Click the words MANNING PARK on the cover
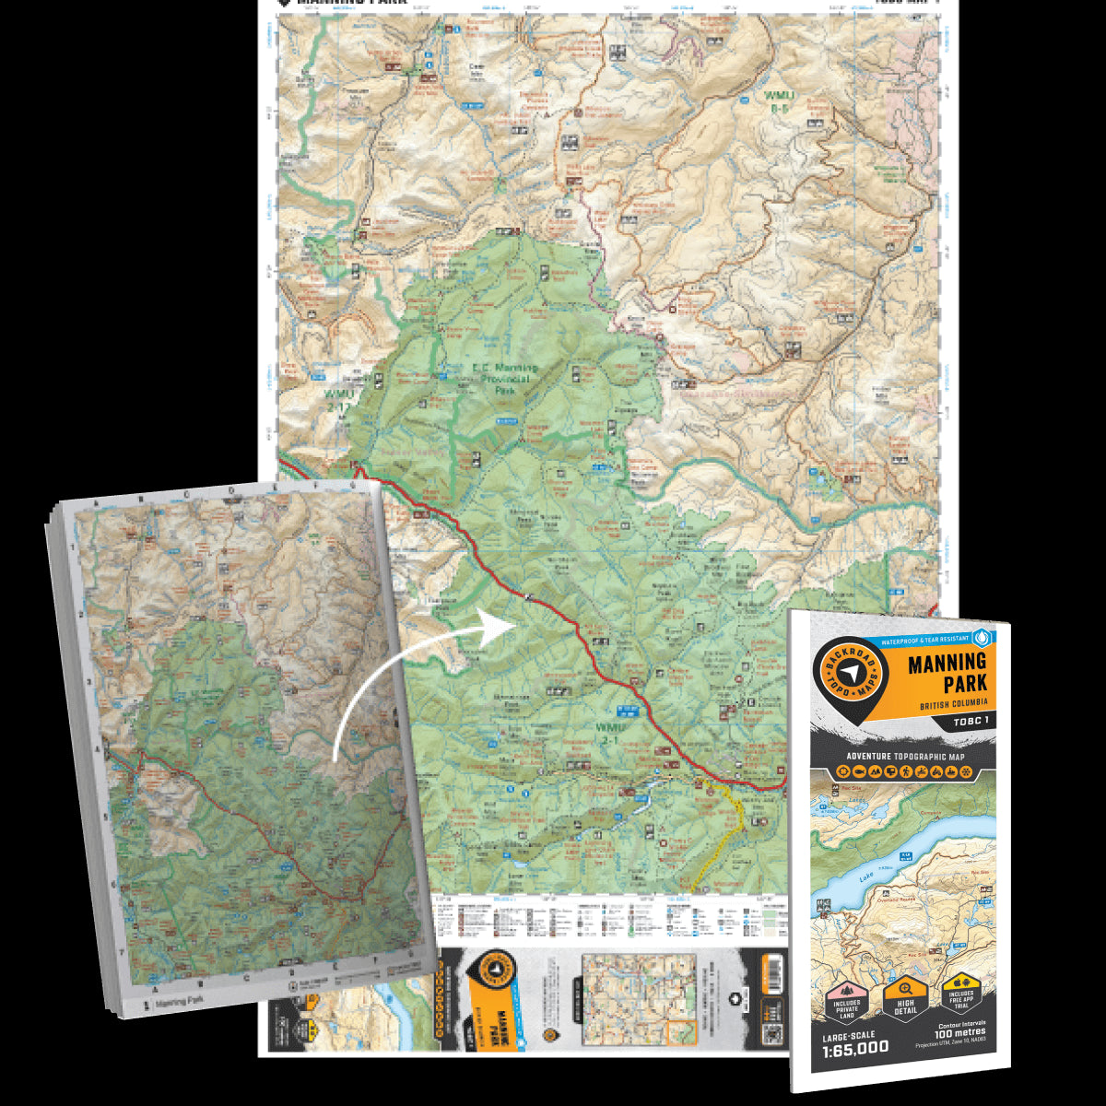[x=947, y=673]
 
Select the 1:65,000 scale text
[x=855, y=1047]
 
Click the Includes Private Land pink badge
[x=845, y=1003]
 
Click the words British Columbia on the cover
[x=952, y=705]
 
